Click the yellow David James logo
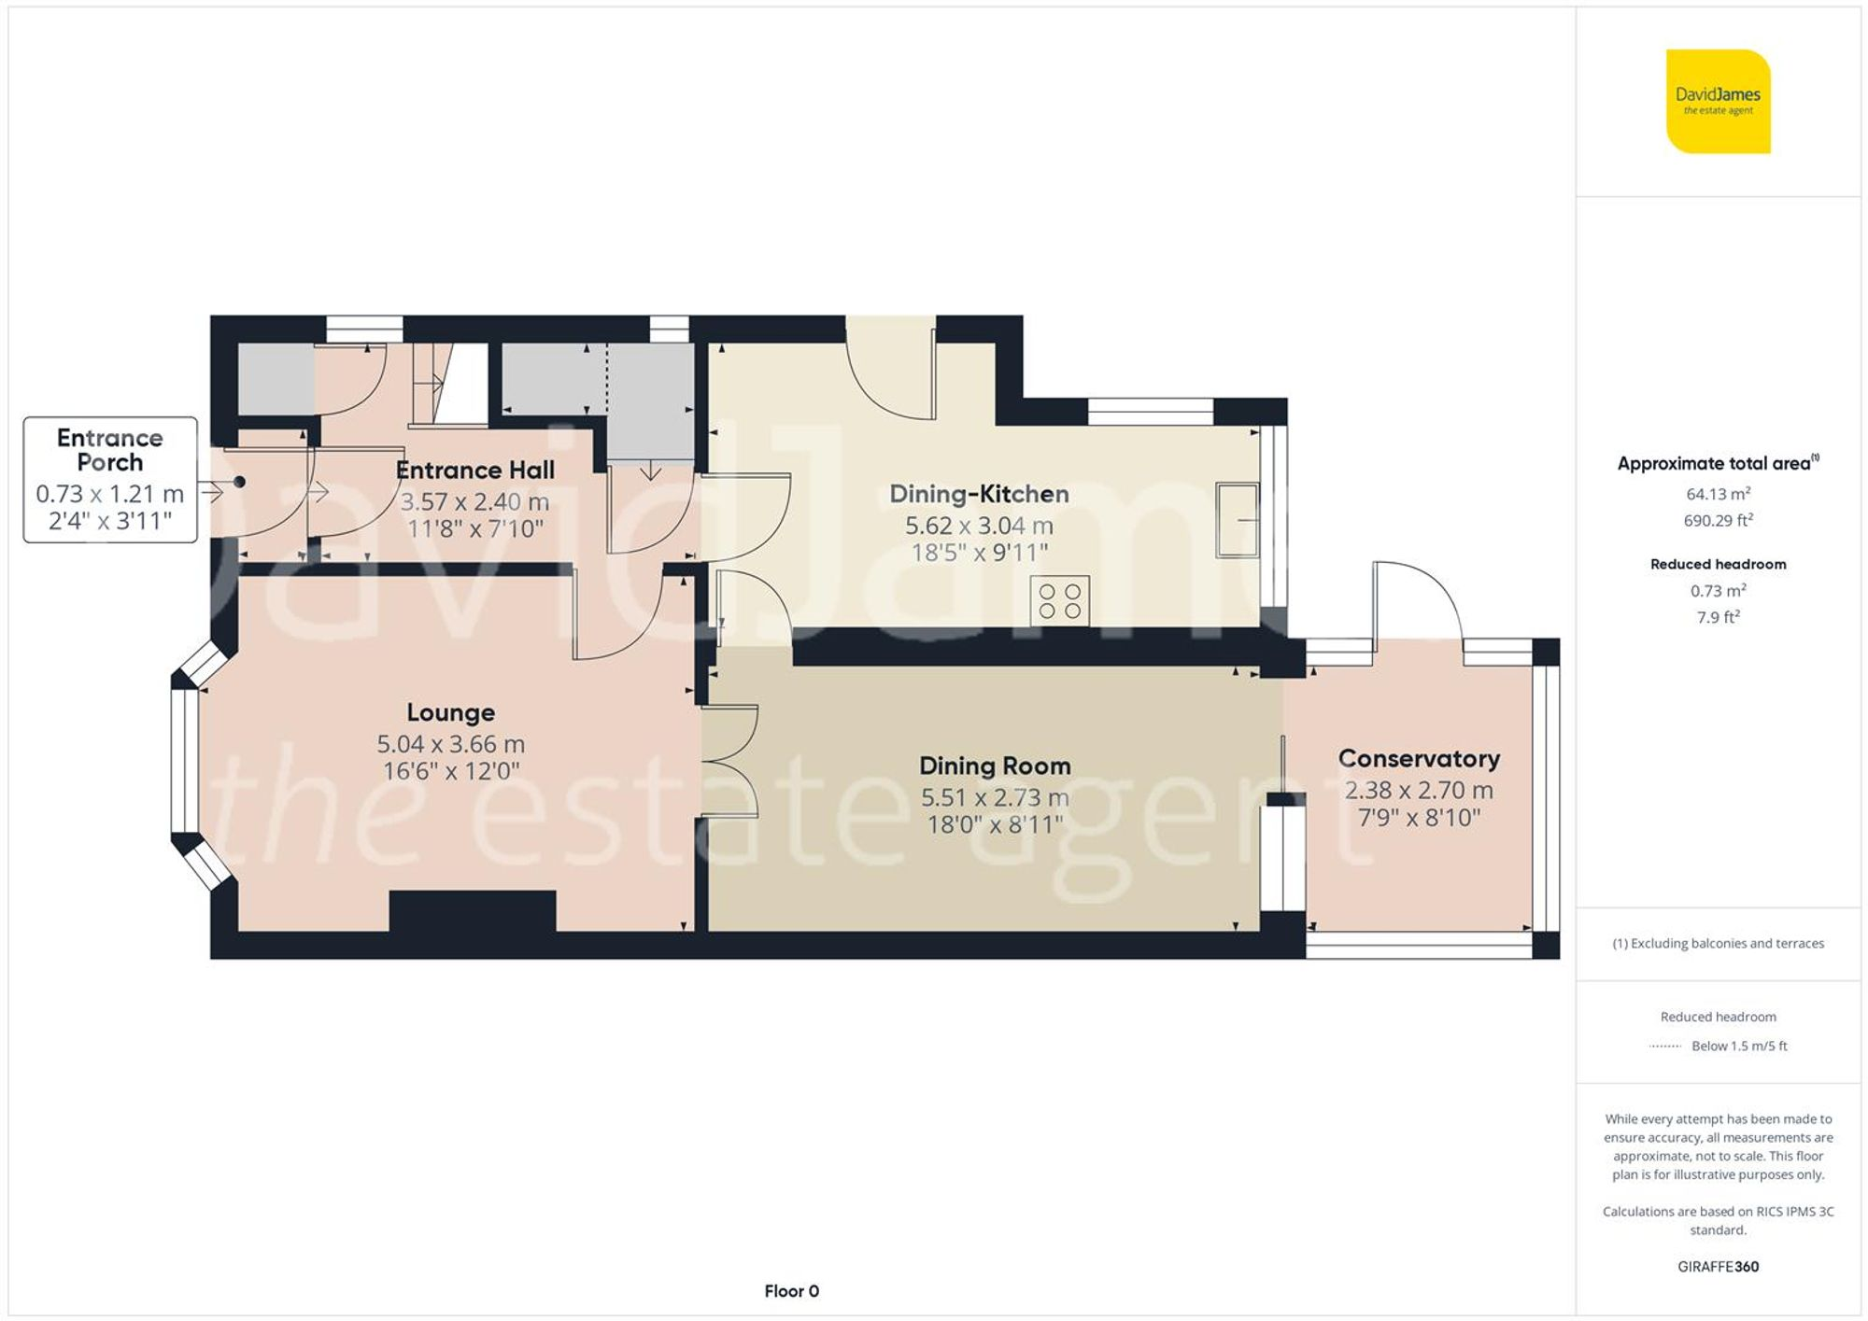[1718, 101]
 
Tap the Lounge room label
[450, 712]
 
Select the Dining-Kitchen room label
[978, 494]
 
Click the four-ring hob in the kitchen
[1060, 601]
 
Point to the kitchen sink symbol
[1237, 520]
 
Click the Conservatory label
[1418, 759]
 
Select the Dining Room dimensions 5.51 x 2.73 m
[994, 798]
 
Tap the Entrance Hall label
[474, 471]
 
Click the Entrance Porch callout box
[110, 480]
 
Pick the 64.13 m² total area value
[1718, 494]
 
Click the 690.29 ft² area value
[1718, 521]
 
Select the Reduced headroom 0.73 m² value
[1718, 591]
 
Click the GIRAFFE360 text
[1718, 1267]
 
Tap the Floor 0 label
[791, 1291]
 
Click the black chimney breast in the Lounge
[472, 910]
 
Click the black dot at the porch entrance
[240, 482]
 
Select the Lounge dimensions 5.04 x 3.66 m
[450, 744]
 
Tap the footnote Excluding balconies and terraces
[1718, 944]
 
